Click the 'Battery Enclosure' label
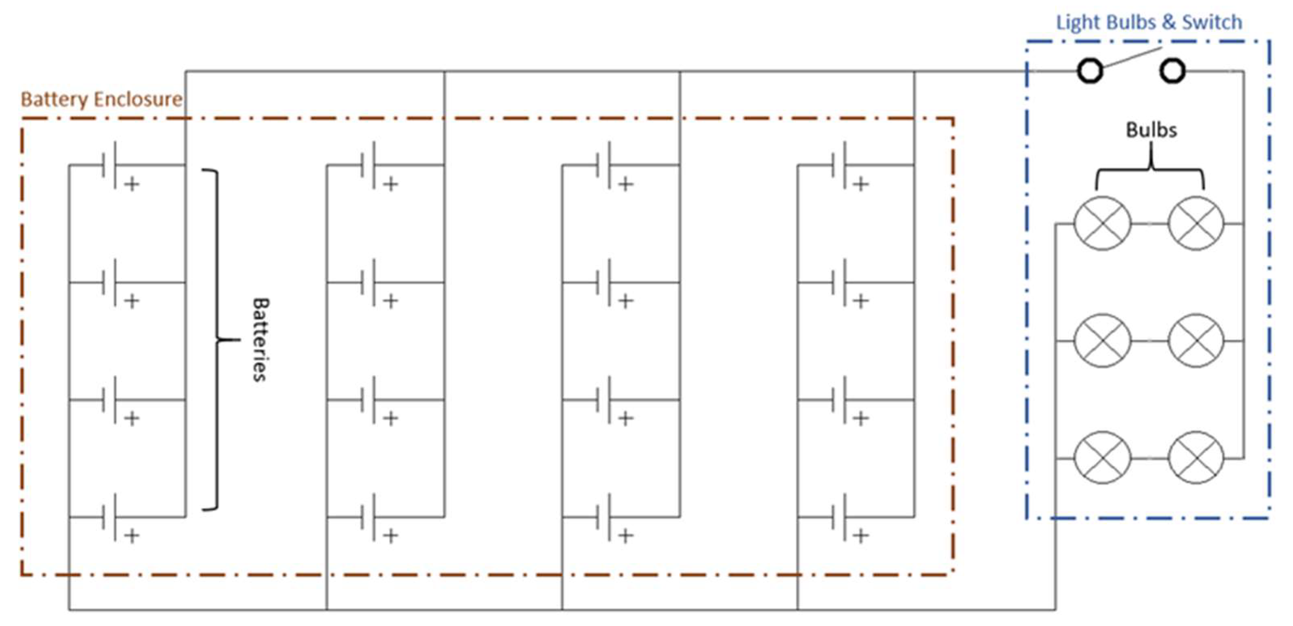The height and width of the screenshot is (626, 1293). pos(101,99)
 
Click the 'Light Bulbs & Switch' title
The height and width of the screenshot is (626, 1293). pos(1148,23)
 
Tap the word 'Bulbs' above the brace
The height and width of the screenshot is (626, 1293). pos(1151,130)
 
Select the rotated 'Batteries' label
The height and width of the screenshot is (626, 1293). pos(260,340)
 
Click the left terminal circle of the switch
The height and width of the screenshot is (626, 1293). pos(1090,71)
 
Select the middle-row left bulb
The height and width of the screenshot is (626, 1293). pos(1102,341)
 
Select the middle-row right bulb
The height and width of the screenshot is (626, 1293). pos(1196,341)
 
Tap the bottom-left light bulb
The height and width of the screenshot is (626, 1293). pos(1102,458)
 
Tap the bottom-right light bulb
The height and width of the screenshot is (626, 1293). pos(1196,458)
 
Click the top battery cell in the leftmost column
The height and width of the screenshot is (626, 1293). pos(109,165)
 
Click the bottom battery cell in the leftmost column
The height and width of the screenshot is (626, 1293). pos(109,517)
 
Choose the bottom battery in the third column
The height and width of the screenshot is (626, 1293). pos(603,517)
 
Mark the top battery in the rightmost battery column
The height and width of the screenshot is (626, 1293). pos(838,165)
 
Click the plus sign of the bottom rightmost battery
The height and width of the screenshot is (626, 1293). pos(861,536)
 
